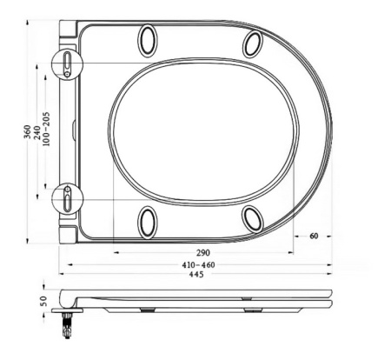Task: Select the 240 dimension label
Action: pos(38,131)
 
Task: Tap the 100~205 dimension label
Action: pos(48,131)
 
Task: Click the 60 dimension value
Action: pos(314,236)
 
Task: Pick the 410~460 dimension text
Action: pos(198,264)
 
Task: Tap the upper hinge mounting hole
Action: pos(67,63)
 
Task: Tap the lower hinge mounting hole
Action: pos(67,199)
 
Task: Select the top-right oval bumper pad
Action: pos(253,43)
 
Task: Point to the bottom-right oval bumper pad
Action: pos(253,218)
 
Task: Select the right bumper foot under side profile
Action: pos(251,309)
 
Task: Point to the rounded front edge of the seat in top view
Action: pos(331,130)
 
